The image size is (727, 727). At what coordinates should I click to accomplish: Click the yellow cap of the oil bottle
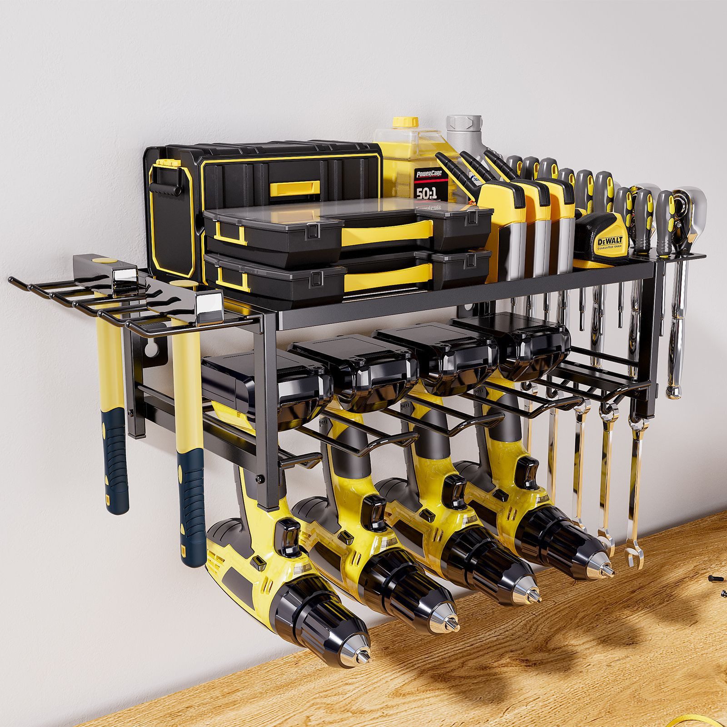point(405,122)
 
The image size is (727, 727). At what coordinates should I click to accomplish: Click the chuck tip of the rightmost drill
point(607,571)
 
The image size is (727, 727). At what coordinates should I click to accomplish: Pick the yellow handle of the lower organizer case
point(386,276)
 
